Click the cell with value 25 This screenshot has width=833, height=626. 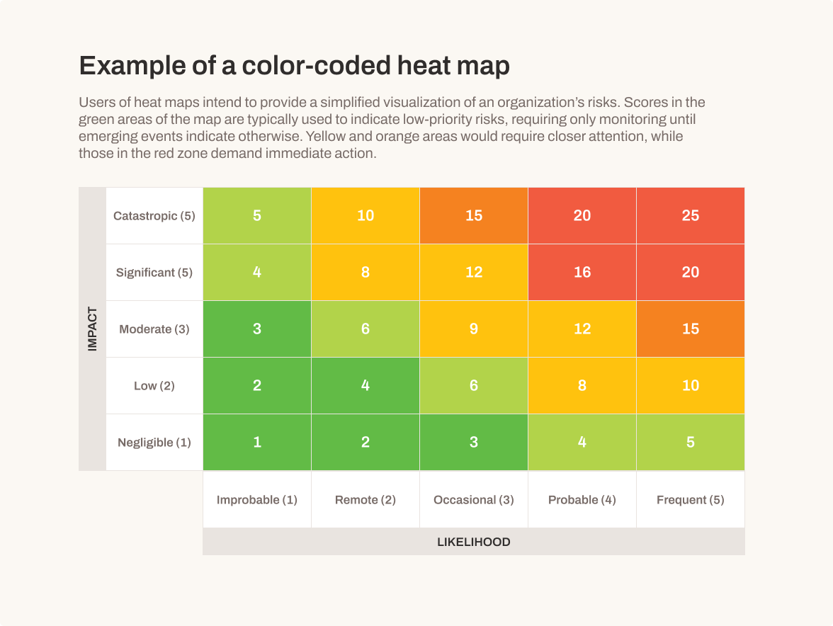click(690, 215)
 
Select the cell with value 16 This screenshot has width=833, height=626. click(582, 272)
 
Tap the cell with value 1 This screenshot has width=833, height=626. click(256, 442)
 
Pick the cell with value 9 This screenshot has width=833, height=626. click(473, 329)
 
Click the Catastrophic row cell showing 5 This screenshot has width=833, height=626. click(256, 215)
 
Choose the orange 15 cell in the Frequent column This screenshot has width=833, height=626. click(690, 329)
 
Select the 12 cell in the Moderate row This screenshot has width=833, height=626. click(582, 329)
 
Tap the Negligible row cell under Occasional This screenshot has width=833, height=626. click(473, 442)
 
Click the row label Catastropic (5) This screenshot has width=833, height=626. click(154, 216)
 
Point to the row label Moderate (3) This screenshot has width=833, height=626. click(154, 329)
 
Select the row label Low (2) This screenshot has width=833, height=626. click(154, 386)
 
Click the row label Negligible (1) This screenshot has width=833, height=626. click(154, 443)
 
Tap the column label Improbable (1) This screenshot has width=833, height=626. click(256, 500)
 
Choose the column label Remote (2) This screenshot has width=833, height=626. click(365, 500)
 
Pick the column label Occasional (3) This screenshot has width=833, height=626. click(473, 500)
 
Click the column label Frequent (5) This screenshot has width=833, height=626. click(690, 500)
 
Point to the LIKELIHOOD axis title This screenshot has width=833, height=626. click(473, 542)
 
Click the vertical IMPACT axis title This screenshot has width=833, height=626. click(92, 329)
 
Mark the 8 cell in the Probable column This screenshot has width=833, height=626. click(582, 385)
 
